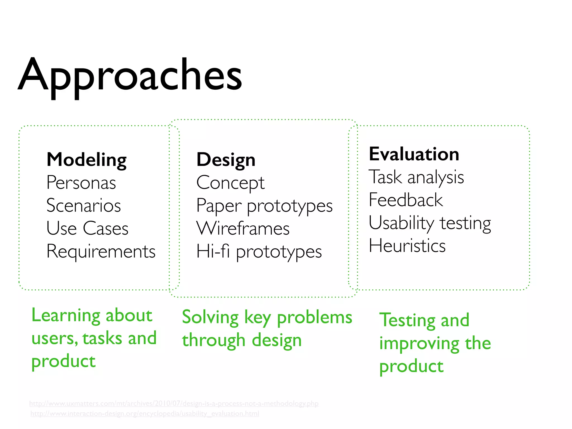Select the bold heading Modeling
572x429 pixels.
pos(87,160)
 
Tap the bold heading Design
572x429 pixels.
pos(226,160)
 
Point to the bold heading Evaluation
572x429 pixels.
pos(414,154)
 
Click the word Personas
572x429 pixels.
pos(81,183)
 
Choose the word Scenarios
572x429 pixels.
pos(84,206)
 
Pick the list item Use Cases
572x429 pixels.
pos(87,228)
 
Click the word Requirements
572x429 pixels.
pos(101,251)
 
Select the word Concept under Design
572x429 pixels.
pos(230,183)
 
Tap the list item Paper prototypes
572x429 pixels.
pos(264,206)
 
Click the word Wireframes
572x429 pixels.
pos(243,228)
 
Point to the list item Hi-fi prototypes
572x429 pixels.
pos(259,252)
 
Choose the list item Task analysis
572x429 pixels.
pos(416,177)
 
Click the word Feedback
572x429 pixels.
pos(406,200)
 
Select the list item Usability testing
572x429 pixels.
pos(430,223)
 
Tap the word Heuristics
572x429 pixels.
pos(407,246)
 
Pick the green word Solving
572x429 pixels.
pos(210,318)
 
